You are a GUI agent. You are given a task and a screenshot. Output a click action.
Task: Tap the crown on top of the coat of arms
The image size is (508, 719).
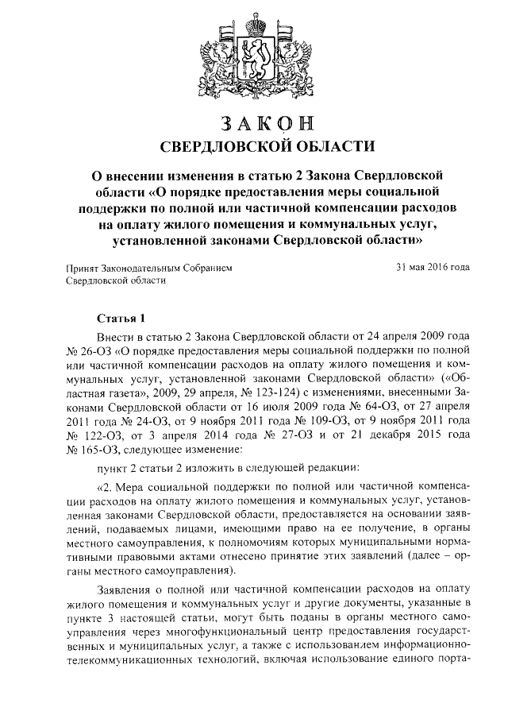click(x=255, y=18)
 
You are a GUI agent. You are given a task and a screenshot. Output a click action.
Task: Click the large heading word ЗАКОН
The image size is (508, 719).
click(x=255, y=125)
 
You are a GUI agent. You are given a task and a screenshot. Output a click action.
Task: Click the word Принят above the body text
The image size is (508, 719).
click(x=80, y=269)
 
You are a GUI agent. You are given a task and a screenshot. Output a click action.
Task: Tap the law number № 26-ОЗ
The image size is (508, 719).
click(x=88, y=350)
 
